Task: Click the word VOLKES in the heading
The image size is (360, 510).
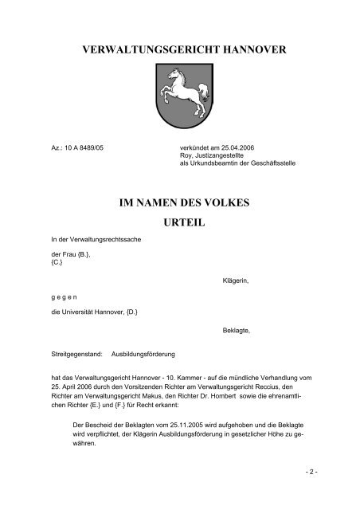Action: click(244, 204)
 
